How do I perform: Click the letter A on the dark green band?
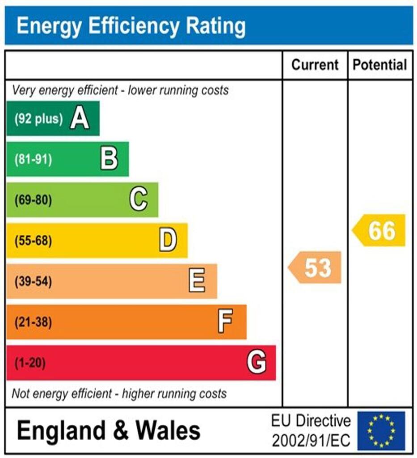tap(80, 119)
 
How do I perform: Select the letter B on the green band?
tap(109, 159)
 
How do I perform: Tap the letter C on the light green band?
tap(139, 200)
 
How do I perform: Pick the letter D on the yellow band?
tap(168, 241)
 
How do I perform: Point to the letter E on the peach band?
tap(197, 281)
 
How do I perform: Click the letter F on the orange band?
tap(226, 322)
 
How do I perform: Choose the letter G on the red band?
tap(257, 362)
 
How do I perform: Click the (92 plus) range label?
tap(38, 119)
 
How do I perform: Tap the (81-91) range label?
tap(33, 160)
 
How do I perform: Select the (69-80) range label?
tap(33, 200)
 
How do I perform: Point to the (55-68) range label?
tap(33, 241)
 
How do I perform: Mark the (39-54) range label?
tap(33, 282)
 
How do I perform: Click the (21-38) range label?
tap(33, 322)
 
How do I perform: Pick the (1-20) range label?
tap(30, 363)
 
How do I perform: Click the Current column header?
tap(315, 65)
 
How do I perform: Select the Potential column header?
tap(380, 65)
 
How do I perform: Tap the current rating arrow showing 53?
tap(316, 267)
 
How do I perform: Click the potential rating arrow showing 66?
tap(380, 230)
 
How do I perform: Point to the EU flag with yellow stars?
tap(381, 431)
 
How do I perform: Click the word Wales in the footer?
tap(168, 430)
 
